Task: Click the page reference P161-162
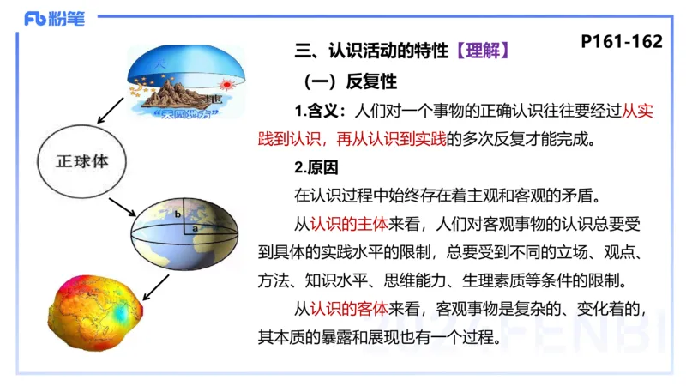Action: coord(621,40)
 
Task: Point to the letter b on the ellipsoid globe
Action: coord(176,212)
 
